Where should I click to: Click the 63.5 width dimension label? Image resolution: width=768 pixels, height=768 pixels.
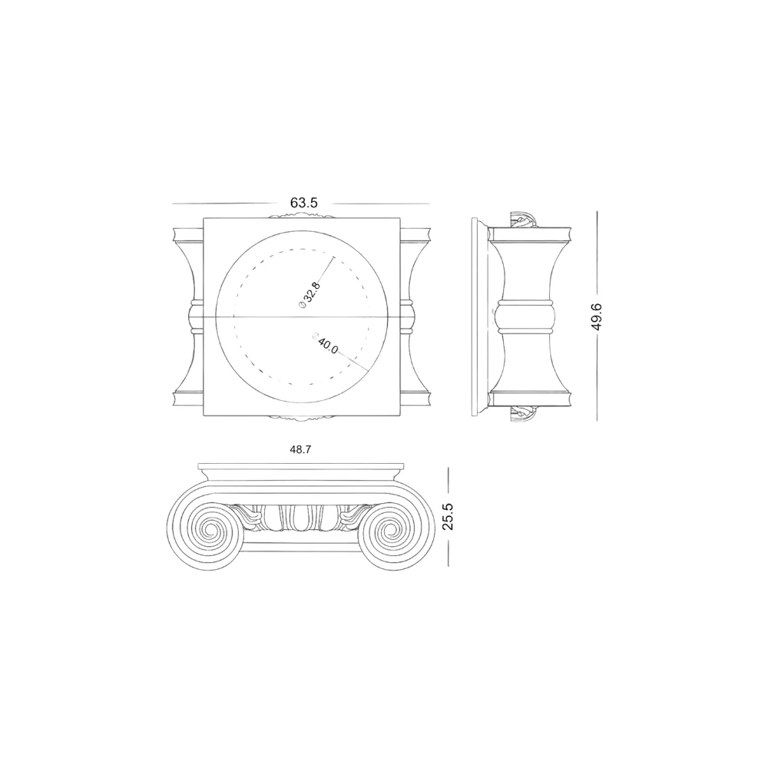click(x=303, y=203)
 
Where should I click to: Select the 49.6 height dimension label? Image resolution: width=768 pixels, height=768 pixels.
click(x=597, y=317)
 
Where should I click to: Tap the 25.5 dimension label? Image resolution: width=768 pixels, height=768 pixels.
click(x=448, y=516)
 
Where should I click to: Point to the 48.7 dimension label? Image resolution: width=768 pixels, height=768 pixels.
click(x=300, y=449)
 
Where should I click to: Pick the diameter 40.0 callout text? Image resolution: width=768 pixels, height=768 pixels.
click(x=326, y=343)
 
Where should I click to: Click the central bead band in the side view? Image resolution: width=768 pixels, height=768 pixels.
click(x=525, y=317)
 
